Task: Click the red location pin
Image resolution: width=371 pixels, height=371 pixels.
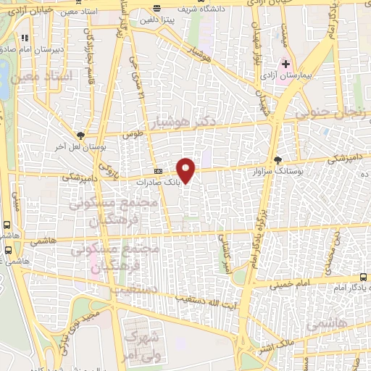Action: tap(186, 170)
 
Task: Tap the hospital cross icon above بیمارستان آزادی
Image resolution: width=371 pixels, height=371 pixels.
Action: tap(285, 64)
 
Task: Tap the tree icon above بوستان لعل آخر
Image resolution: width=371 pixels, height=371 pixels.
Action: tap(80, 135)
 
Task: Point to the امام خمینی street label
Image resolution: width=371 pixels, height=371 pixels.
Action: tap(289, 285)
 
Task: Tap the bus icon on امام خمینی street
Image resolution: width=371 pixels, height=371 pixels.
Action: tap(363, 278)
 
